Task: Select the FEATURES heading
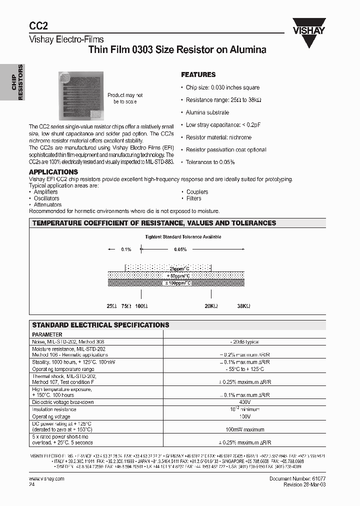pyautogui.click(x=198, y=74)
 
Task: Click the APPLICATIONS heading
pyautogui.click(x=53, y=172)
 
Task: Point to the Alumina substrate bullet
pyautogui.click(x=207, y=112)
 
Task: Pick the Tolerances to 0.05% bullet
pyautogui.click(x=210, y=162)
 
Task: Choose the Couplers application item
pyautogui.click(x=197, y=192)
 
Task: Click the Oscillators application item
pyautogui.click(x=46, y=198)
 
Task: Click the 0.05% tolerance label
pyautogui.click(x=180, y=249)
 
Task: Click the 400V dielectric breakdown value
pyautogui.click(x=244, y=402)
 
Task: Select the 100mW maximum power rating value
pyautogui.click(x=244, y=429)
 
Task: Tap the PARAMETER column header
pyautogui.click(x=47, y=334)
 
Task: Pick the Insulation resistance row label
pyautogui.click(x=54, y=409)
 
